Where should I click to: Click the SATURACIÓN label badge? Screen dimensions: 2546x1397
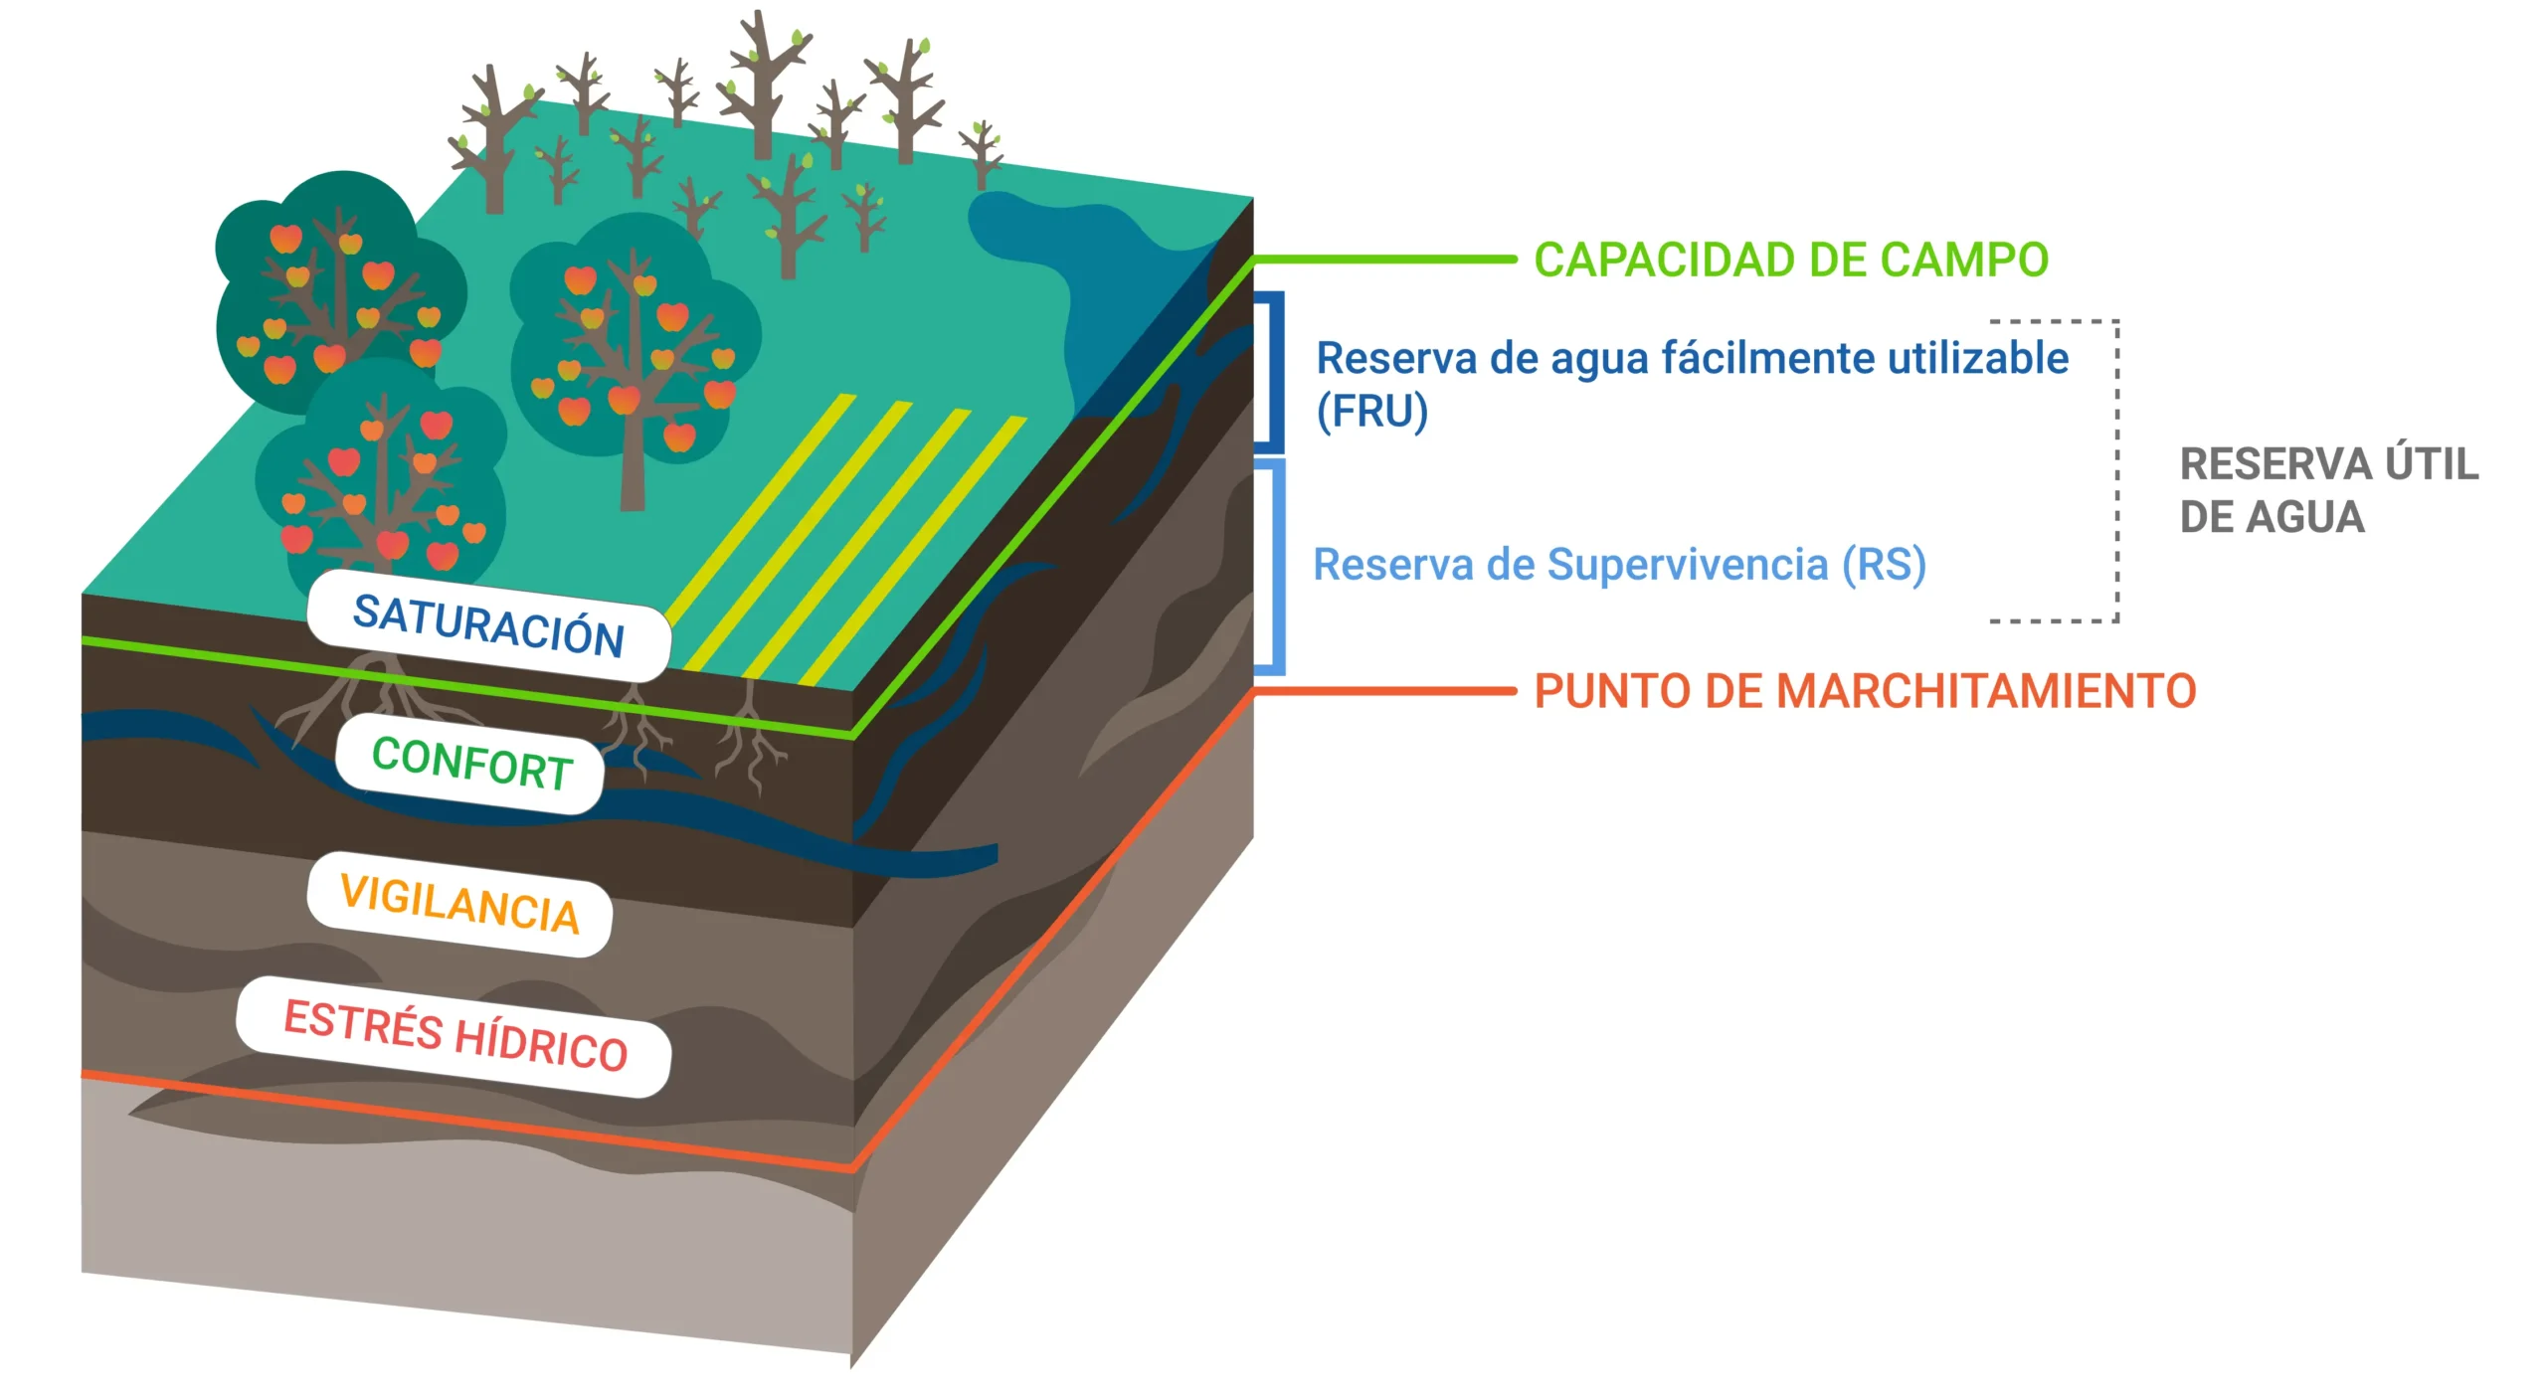coord(488,625)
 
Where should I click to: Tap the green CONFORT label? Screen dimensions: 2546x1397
coord(470,764)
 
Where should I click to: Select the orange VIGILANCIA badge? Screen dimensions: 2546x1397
coord(459,904)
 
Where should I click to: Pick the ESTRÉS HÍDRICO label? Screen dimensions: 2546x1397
coord(455,1036)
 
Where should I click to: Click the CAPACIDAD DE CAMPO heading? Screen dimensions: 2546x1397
coord(1791,261)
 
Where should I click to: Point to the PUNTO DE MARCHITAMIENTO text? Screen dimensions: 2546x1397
coord(1865,691)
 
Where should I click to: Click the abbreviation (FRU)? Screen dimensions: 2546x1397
coord(1372,411)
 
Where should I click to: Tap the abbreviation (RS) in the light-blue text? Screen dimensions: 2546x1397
coord(1884,565)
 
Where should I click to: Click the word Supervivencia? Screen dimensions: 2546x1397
coord(1688,565)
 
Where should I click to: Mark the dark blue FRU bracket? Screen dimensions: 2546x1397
coord(1269,372)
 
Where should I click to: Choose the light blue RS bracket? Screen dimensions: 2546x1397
coord(1270,566)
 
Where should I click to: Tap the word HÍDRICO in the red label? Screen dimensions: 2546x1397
coord(541,1046)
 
